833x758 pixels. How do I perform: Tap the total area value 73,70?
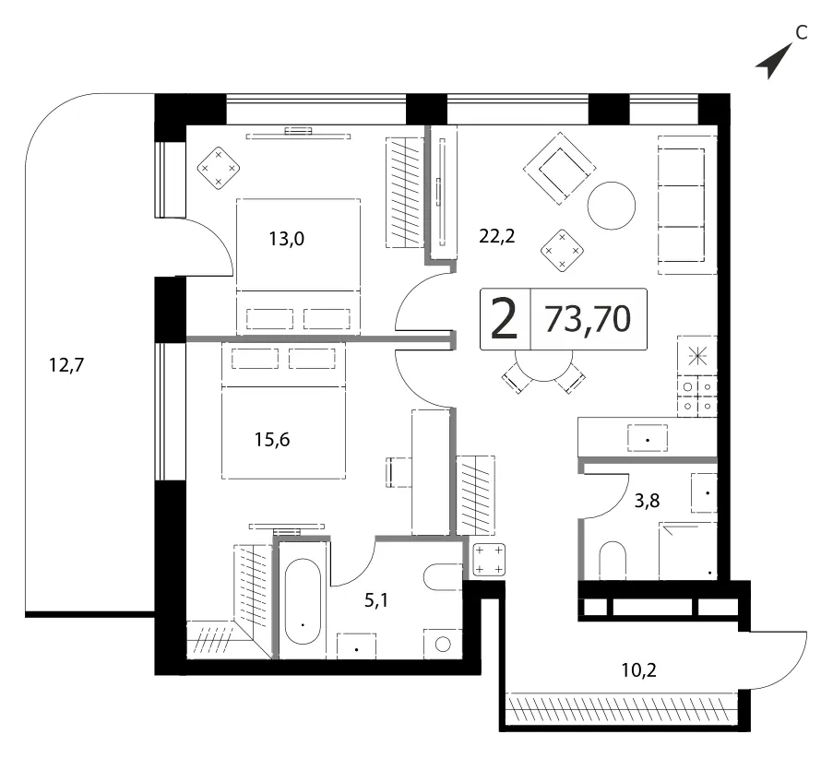[589, 319]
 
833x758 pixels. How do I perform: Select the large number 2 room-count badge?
[505, 319]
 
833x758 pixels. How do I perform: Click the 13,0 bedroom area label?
[286, 239]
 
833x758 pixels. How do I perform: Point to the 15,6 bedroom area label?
[272, 440]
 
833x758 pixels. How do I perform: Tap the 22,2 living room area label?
[497, 235]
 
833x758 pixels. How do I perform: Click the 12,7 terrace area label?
[66, 365]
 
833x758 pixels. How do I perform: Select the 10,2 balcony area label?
[639, 669]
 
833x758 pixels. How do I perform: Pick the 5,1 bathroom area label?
[376, 600]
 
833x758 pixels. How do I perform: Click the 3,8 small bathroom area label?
[647, 501]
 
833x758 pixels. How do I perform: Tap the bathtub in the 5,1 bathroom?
[303, 601]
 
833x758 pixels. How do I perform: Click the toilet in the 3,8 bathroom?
[613, 561]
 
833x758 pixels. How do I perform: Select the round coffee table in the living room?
[612, 206]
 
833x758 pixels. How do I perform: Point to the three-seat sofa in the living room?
[687, 205]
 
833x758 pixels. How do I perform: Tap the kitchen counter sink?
[648, 438]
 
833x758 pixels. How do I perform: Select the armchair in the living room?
[559, 169]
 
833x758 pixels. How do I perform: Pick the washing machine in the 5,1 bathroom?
[443, 645]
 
